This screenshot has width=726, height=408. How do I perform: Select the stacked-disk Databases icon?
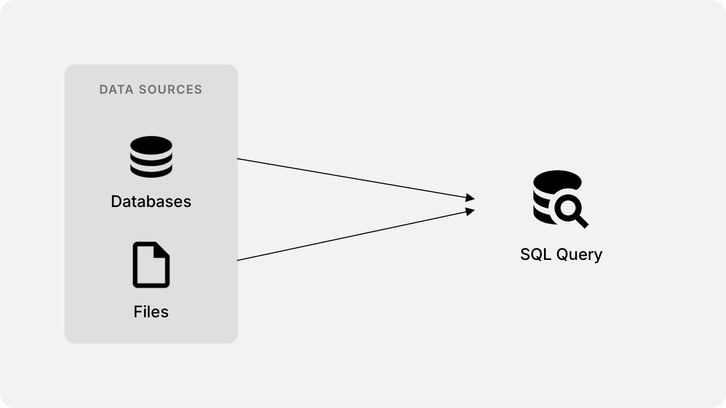(x=151, y=157)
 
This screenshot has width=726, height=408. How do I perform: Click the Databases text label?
(x=151, y=201)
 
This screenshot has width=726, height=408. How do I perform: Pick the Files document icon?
(x=151, y=265)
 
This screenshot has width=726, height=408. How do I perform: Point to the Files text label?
(x=151, y=312)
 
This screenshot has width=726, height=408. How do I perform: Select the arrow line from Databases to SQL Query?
(x=353, y=178)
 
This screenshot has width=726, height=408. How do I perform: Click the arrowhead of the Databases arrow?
(x=470, y=197)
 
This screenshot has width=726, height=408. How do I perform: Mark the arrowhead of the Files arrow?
(x=470, y=211)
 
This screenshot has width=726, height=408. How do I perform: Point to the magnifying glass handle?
(x=582, y=222)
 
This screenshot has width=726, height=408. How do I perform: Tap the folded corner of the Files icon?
(x=163, y=249)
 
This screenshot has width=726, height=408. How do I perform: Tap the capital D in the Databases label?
(x=115, y=201)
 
